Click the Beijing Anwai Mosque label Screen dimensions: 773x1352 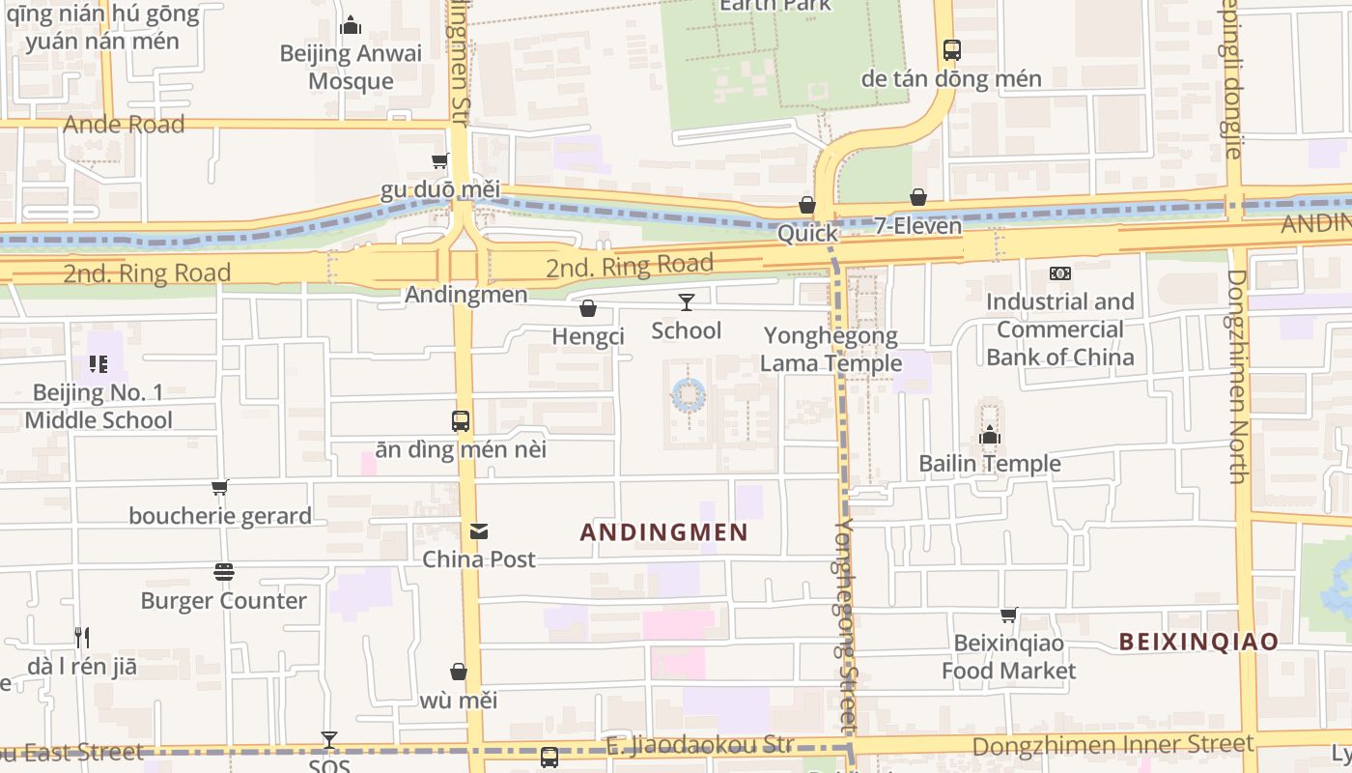[351, 67]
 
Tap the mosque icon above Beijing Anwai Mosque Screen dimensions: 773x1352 [351, 25]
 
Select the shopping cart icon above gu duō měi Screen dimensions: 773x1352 [440, 160]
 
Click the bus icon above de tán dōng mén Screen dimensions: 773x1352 [951, 49]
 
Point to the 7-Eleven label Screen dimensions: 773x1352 [918, 226]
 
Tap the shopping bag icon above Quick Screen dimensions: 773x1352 [807, 205]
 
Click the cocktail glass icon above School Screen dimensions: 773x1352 [686, 302]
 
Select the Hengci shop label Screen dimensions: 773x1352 [588, 336]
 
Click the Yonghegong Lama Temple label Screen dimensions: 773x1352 [831, 349]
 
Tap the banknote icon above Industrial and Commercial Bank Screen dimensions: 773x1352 [1060, 273]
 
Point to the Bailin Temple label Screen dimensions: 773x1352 [989, 464]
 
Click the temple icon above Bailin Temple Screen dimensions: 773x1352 [989, 436]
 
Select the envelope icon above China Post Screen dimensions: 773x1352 [479, 531]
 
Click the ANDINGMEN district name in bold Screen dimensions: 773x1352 [664, 532]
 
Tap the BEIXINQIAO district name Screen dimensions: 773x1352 [1198, 641]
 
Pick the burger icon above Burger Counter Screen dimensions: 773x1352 [224, 572]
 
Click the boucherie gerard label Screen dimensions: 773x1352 [220, 516]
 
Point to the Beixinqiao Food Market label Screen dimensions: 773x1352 [1008, 657]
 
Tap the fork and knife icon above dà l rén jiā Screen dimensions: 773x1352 [82, 638]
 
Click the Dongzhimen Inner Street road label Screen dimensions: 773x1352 [1113, 745]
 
